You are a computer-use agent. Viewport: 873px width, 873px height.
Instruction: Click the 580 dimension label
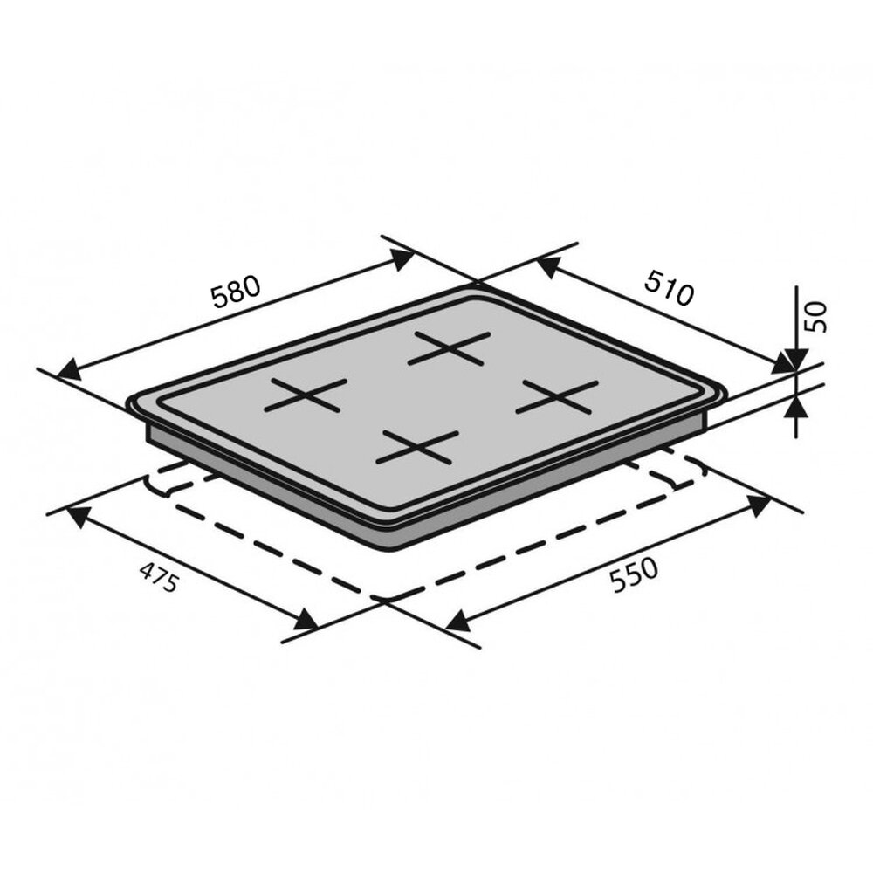[236, 292]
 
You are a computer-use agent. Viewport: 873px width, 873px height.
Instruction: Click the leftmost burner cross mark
[306, 395]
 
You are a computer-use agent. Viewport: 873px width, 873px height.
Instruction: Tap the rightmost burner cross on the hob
[557, 397]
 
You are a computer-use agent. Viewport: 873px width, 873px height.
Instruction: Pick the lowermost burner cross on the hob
[416, 447]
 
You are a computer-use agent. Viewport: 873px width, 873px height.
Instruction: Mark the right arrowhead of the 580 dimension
[402, 257]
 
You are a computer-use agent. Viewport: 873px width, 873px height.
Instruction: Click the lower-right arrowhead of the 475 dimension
[305, 621]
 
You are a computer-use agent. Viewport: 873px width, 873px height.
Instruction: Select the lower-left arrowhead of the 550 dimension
[457, 621]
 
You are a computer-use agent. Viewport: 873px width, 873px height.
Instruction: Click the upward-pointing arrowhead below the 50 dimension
[795, 407]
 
